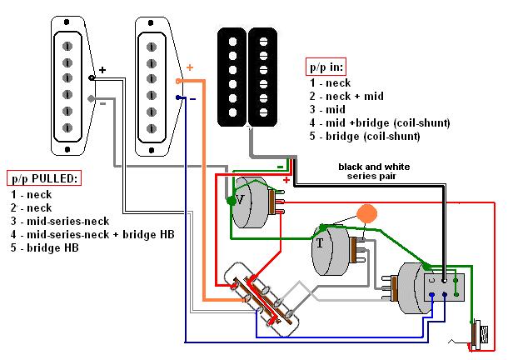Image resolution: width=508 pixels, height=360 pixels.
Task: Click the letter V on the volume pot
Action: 240,200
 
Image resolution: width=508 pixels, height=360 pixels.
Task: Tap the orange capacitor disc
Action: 366,213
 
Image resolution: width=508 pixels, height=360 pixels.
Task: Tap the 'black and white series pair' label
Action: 374,172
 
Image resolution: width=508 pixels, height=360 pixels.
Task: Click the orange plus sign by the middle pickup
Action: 189,67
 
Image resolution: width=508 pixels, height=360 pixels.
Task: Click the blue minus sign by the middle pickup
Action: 192,97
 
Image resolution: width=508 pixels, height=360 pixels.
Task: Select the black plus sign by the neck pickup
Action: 102,70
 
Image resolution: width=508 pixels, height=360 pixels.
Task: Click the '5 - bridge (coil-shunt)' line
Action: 365,136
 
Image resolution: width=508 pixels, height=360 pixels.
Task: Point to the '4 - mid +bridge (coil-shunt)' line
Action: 379,122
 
